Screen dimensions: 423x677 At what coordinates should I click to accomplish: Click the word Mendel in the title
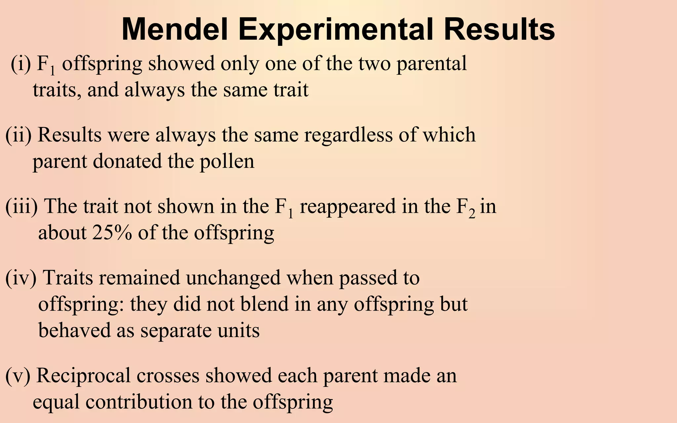pos(175,30)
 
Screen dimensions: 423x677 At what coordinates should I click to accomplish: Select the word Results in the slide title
pos(499,30)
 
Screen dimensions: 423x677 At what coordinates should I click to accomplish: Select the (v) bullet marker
pos(18,376)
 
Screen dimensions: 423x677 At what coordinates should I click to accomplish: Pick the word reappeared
pos(347,207)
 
